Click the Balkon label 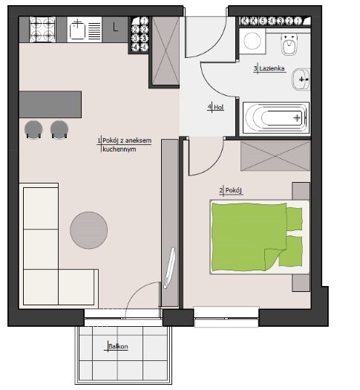[x=118, y=346]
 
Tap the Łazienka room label [x=272, y=68]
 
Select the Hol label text [x=219, y=107]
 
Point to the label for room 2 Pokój [x=233, y=190]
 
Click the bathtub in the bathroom [x=276, y=118]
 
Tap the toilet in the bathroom [x=289, y=45]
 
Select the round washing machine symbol [x=252, y=42]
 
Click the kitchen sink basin [x=77, y=30]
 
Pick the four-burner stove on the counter [x=42, y=30]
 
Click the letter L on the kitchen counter [x=115, y=27]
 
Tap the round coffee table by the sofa [x=88, y=230]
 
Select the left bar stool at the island [x=33, y=129]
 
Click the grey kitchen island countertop [x=50, y=104]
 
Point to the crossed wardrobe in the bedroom [x=275, y=156]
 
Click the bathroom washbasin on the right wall [x=301, y=79]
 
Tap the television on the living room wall [x=169, y=268]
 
